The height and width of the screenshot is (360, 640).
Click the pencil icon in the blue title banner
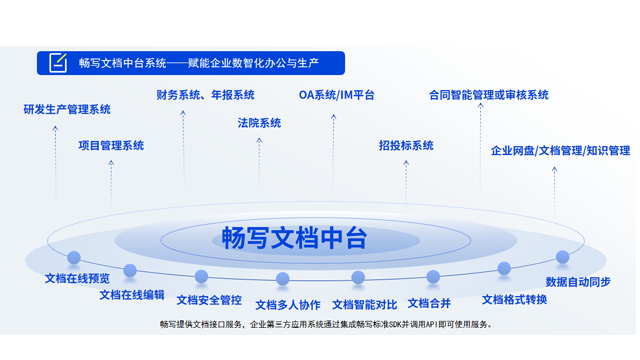pos(58,62)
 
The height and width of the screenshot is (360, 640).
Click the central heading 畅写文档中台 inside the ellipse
pos(294,238)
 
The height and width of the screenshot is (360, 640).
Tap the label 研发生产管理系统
pos(67,109)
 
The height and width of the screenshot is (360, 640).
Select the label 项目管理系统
pos(111,145)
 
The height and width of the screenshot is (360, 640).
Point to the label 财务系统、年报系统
pos(206,95)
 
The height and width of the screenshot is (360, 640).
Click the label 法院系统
pos(259,123)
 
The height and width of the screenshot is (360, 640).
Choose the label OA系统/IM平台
pos(337,95)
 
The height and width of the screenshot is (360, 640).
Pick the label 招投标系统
pos(406,145)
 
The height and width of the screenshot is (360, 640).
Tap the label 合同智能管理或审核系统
pos(488,95)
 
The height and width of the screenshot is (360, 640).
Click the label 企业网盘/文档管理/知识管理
pos(560,151)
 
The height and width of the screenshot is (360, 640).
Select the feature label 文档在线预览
pos(77,278)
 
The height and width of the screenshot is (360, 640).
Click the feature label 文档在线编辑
pos(132,294)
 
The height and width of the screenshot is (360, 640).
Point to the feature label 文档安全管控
pos(209,299)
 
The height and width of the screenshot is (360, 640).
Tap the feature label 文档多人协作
pos(288,304)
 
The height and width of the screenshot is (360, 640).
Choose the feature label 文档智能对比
pos(364,304)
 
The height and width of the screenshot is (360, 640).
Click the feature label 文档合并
pos(429,302)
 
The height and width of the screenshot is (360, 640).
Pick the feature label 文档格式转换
pos(514,299)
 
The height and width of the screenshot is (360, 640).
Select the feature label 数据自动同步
pos(578,282)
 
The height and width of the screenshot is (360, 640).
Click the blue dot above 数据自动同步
pos(562,257)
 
